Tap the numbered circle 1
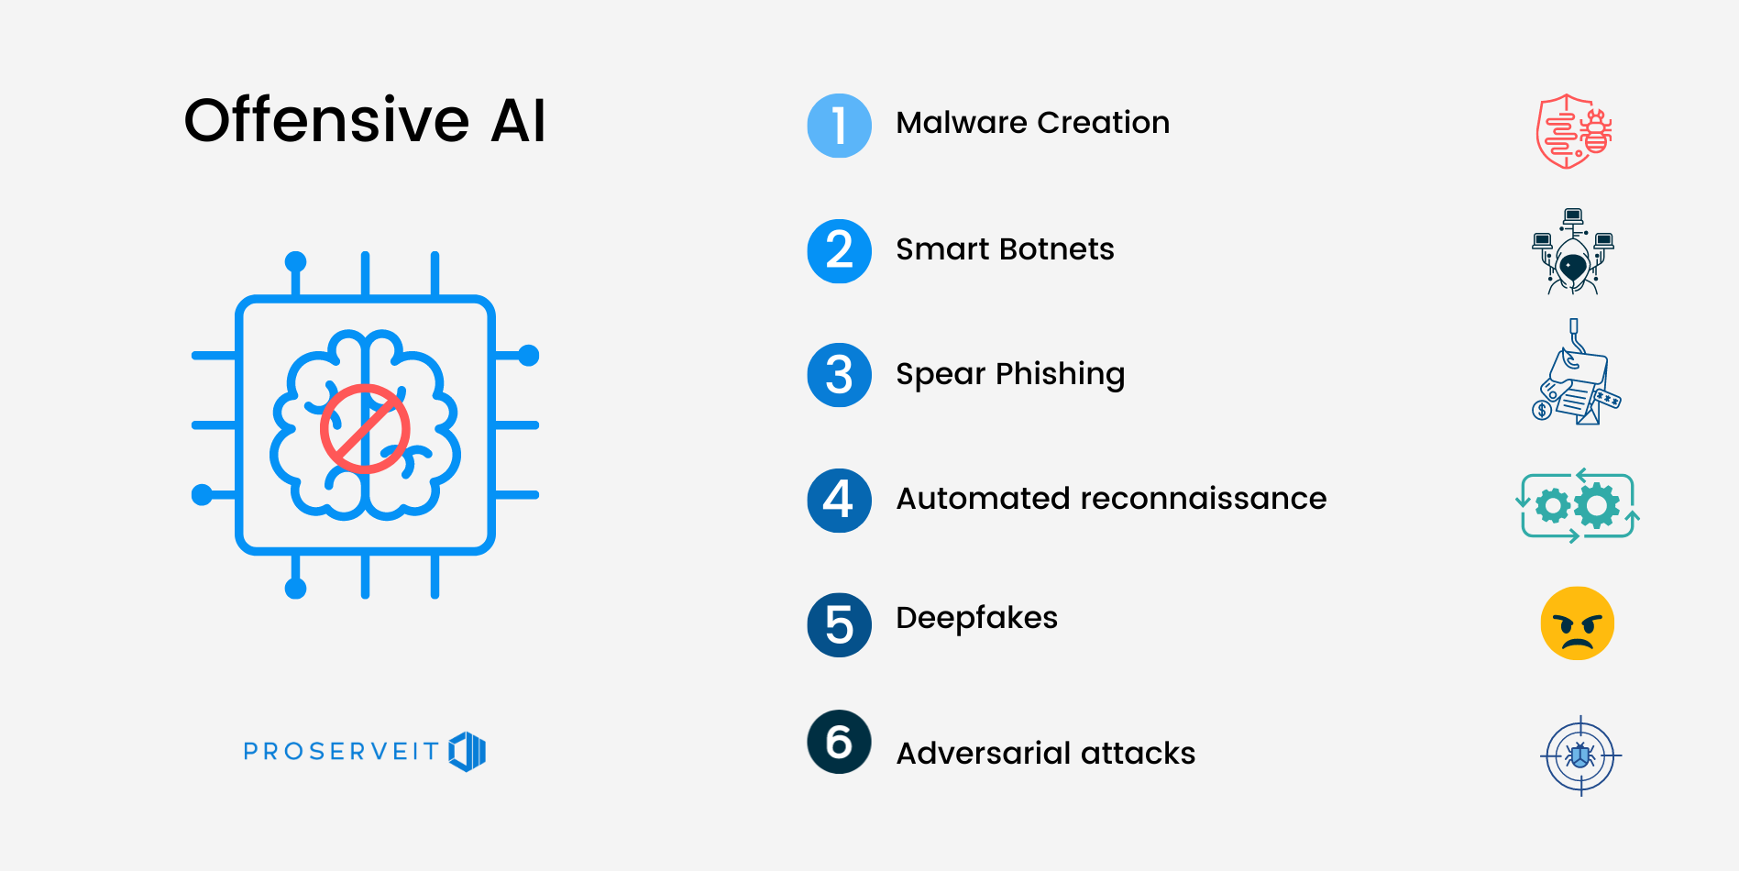(x=839, y=126)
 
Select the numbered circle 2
(x=839, y=251)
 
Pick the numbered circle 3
(x=839, y=375)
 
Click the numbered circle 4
(x=839, y=500)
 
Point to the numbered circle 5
(x=839, y=624)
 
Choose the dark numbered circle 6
(x=839, y=742)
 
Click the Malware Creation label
(x=1032, y=123)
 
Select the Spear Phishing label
(x=1010, y=374)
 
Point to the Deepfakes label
(x=976, y=618)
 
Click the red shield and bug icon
(x=1573, y=131)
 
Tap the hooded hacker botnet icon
(x=1572, y=252)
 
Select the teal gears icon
(x=1577, y=505)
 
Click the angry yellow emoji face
(x=1577, y=623)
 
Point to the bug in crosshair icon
(x=1580, y=755)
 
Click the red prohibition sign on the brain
(x=365, y=428)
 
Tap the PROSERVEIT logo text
(x=341, y=752)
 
